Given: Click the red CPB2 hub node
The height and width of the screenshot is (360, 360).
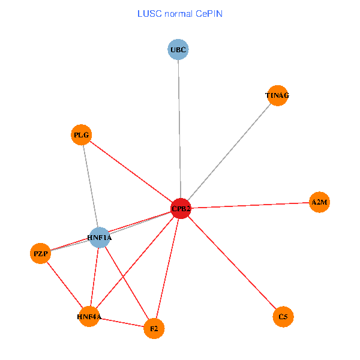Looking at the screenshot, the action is (x=181, y=209).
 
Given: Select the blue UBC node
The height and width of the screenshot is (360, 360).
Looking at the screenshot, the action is (x=178, y=49).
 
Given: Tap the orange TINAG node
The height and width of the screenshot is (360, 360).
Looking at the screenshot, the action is (x=277, y=95).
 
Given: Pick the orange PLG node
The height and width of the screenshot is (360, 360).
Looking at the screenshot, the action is (x=82, y=135).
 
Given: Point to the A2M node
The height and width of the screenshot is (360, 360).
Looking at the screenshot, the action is (x=319, y=202).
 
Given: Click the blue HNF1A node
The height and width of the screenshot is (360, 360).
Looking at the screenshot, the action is (x=99, y=238).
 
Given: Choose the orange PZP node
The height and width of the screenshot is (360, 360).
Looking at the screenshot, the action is (x=41, y=254).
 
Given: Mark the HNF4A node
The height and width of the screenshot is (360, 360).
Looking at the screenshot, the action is (x=89, y=316).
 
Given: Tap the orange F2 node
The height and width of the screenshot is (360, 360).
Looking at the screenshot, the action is (x=154, y=328).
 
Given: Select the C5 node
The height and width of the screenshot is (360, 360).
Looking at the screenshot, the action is (x=283, y=316).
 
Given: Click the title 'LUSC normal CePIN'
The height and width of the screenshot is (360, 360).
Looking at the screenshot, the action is (x=179, y=13).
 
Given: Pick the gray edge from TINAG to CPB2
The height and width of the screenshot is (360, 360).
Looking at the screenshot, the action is (x=229, y=152).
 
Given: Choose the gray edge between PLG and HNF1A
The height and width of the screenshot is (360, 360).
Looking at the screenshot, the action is (x=90, y=186).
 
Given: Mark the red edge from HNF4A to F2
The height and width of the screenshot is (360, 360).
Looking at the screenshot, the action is (x=122, y=322).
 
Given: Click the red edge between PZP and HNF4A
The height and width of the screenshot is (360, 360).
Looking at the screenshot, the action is (x=65, y=285).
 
